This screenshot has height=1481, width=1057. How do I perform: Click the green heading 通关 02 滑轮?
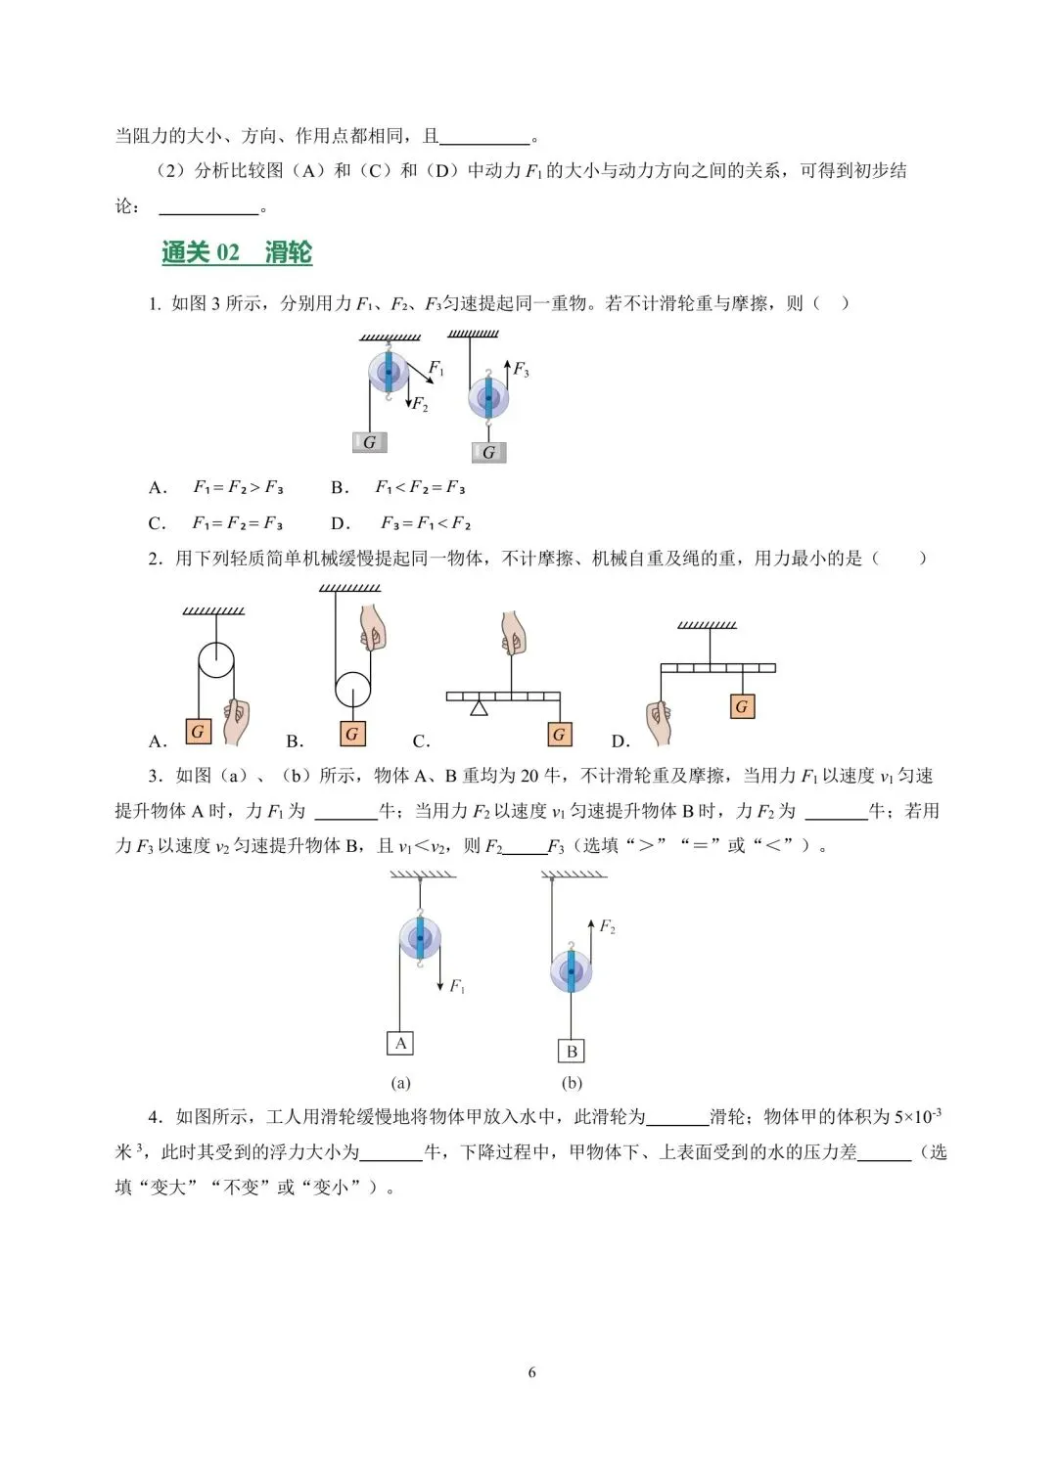click(x=237, y=253)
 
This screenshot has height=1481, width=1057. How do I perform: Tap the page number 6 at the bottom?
click(x=531, y=1372)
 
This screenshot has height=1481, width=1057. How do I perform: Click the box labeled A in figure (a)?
click(x=400, y=1044)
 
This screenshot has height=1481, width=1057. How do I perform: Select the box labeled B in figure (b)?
click(x=572, y=1052)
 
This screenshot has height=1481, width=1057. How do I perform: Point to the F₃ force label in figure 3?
click(x=521, y=370)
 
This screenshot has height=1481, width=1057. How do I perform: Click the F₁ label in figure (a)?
click(x=457, y=987)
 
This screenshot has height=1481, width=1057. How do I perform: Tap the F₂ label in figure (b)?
click(x=607, y=926)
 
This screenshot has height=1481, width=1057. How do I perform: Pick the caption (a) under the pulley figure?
click(x=400, y=1083)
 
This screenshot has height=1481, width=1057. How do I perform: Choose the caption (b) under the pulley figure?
click(x=572, y=1083)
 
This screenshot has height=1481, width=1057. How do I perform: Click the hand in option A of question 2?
click(x=235, y=722)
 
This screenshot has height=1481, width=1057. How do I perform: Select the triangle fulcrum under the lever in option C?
click(x=479, y=707)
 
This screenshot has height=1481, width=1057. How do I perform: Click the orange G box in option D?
click(x=741, y=706)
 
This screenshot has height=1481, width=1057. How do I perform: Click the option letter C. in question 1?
click(x=157, y=523)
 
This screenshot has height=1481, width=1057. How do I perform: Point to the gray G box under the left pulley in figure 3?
click(x=369, y=442)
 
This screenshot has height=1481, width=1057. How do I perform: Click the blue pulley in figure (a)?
click(x=420, y=938)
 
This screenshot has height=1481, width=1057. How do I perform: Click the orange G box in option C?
click(x=559, y=735)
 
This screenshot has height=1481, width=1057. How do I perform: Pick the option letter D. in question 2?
click(x=620, y=741)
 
